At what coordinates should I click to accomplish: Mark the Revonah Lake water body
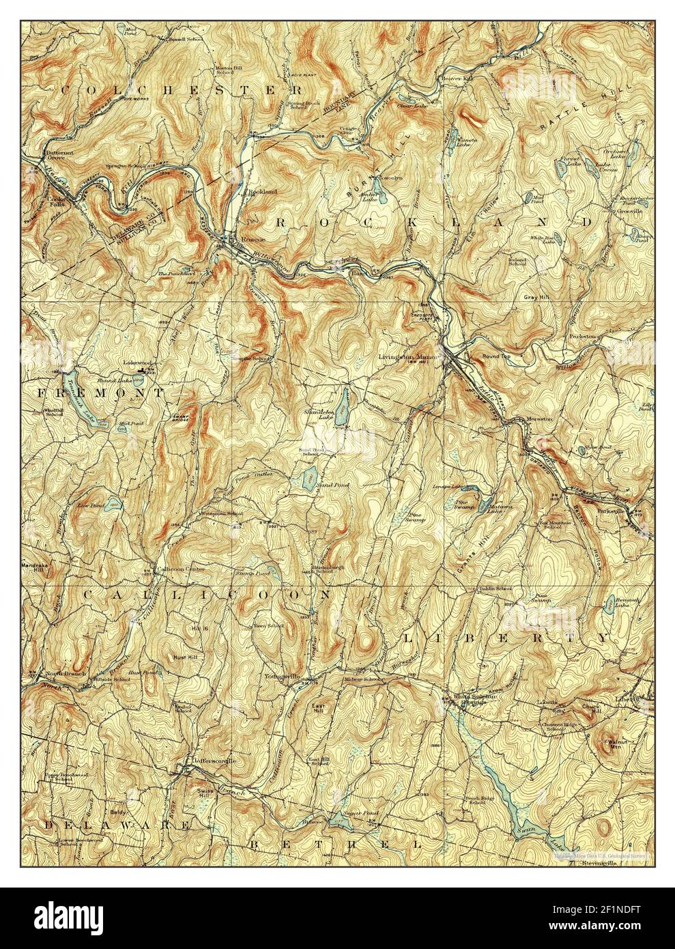tap(609, 601)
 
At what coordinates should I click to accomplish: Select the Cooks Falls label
tap(43, 195)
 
